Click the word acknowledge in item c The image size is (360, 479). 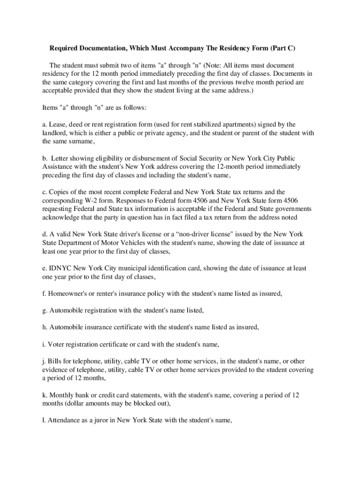pyautogui.click(x=62, y=218)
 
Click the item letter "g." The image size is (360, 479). pyautogui.click(x=45, y=311)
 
